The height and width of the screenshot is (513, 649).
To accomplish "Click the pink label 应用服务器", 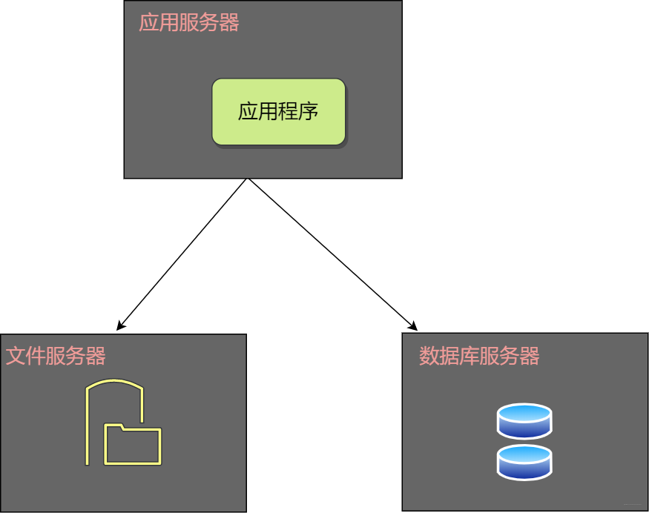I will tap(189, 23).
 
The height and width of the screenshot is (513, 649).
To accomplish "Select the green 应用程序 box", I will tap(278, 111).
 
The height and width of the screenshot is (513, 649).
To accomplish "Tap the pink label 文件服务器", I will tap(56, 356).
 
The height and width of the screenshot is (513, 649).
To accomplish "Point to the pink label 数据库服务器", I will tap(479, 356).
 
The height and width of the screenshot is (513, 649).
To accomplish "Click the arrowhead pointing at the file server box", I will tap(120, 326).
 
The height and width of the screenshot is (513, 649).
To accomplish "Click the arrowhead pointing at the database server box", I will tap(413, 326).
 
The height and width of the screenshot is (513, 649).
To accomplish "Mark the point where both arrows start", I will tap(247, 179).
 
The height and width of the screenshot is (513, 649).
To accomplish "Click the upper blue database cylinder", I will tap(524, 421).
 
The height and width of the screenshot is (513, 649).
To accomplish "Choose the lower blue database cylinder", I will tap(524, 462).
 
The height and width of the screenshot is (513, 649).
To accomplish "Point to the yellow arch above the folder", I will tap(114, 385).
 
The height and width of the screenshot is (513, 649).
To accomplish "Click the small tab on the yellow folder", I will tap(114, 427).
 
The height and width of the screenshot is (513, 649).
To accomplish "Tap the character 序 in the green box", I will tap(309, 111).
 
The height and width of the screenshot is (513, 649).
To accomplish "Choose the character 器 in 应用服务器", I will tap(229, 23).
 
